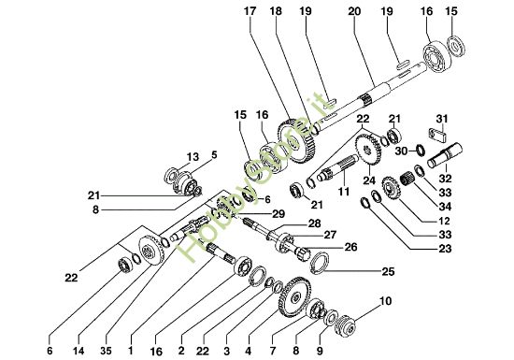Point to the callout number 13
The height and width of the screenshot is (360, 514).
pos(193,156)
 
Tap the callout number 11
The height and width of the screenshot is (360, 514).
pos(343,190)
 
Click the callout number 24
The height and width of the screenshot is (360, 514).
pos(367,181)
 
